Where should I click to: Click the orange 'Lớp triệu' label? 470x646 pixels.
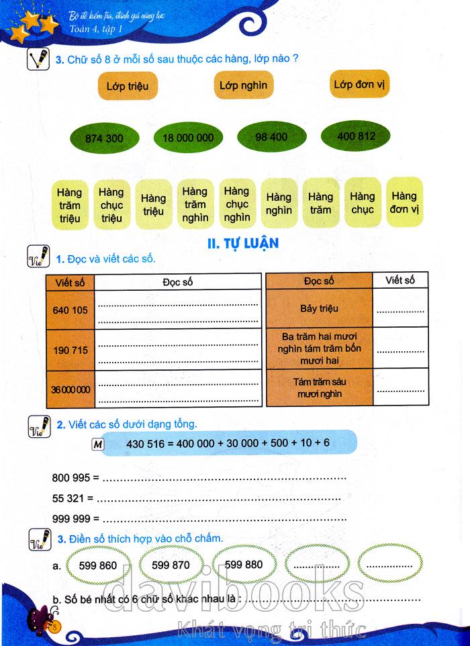coord(128,86)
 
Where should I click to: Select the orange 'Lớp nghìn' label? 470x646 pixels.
coord(244,85)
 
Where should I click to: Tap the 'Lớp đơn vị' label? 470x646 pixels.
coord(359,84)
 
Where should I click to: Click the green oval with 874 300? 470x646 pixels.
coord(104,138)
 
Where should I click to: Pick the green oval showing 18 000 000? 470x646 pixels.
coord(188,137)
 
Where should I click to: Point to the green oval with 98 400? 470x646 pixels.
coord(272,136)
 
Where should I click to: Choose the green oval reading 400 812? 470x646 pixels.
coord(355,136)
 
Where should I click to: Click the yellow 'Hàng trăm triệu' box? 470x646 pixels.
coord(70,205)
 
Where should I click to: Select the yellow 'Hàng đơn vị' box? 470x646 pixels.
coord(404,202)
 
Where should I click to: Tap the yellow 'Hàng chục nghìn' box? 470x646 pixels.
coord(237,203)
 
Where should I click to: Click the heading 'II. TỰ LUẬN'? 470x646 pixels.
coord(243,243)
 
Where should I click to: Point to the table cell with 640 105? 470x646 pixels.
coord(70,310)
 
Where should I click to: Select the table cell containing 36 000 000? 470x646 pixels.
coord(70,389)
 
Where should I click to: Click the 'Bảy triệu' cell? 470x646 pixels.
coord(319,308)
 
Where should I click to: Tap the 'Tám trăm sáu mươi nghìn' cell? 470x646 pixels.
coord(319,387)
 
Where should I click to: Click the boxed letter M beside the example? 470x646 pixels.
coord(98,445)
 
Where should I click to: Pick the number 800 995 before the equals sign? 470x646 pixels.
coord(71,477)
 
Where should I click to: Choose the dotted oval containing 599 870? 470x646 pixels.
coord(171,565)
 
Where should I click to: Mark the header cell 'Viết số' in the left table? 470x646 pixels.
coord(70,283)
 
